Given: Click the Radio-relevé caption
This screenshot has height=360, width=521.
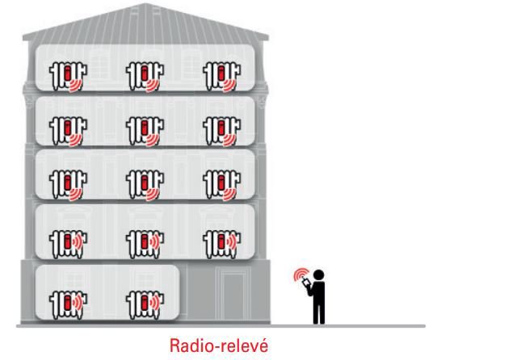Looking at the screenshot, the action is [x=219, y=345].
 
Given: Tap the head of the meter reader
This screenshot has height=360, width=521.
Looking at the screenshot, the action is [x=318, y=275].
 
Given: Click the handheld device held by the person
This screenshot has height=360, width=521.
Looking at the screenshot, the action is [x=306, y=282].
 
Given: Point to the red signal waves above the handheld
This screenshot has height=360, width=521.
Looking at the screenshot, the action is [x=300, y=274].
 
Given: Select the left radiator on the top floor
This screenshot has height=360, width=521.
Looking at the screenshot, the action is [x=68, y=77].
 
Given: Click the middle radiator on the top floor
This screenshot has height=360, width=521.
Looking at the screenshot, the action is [x=145, y=77].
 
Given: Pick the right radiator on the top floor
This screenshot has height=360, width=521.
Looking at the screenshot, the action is [x=221, y=77].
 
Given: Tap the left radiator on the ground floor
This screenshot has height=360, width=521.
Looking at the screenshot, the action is [x=68, y=304].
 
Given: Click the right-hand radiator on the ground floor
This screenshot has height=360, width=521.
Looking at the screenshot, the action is [x=145, y=304].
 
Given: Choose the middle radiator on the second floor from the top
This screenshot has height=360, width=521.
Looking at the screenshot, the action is [x=145, y=131].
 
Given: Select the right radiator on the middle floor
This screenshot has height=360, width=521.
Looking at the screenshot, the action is [x=221, y=185].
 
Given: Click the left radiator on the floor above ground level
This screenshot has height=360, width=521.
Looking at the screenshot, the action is [x=68, y=244].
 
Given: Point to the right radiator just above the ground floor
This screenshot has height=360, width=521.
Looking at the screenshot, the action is [x=221, y=244].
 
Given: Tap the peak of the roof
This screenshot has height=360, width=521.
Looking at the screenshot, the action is [x=145, y=4].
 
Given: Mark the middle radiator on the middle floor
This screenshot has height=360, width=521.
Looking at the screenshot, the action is [x=145, y=185].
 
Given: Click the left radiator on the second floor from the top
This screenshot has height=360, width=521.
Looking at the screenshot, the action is [x=68, y=131].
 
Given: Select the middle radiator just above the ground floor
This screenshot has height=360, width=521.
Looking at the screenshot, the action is [x=145, y=244].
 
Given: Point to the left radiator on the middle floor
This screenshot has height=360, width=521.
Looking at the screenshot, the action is [x=68, y=185].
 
